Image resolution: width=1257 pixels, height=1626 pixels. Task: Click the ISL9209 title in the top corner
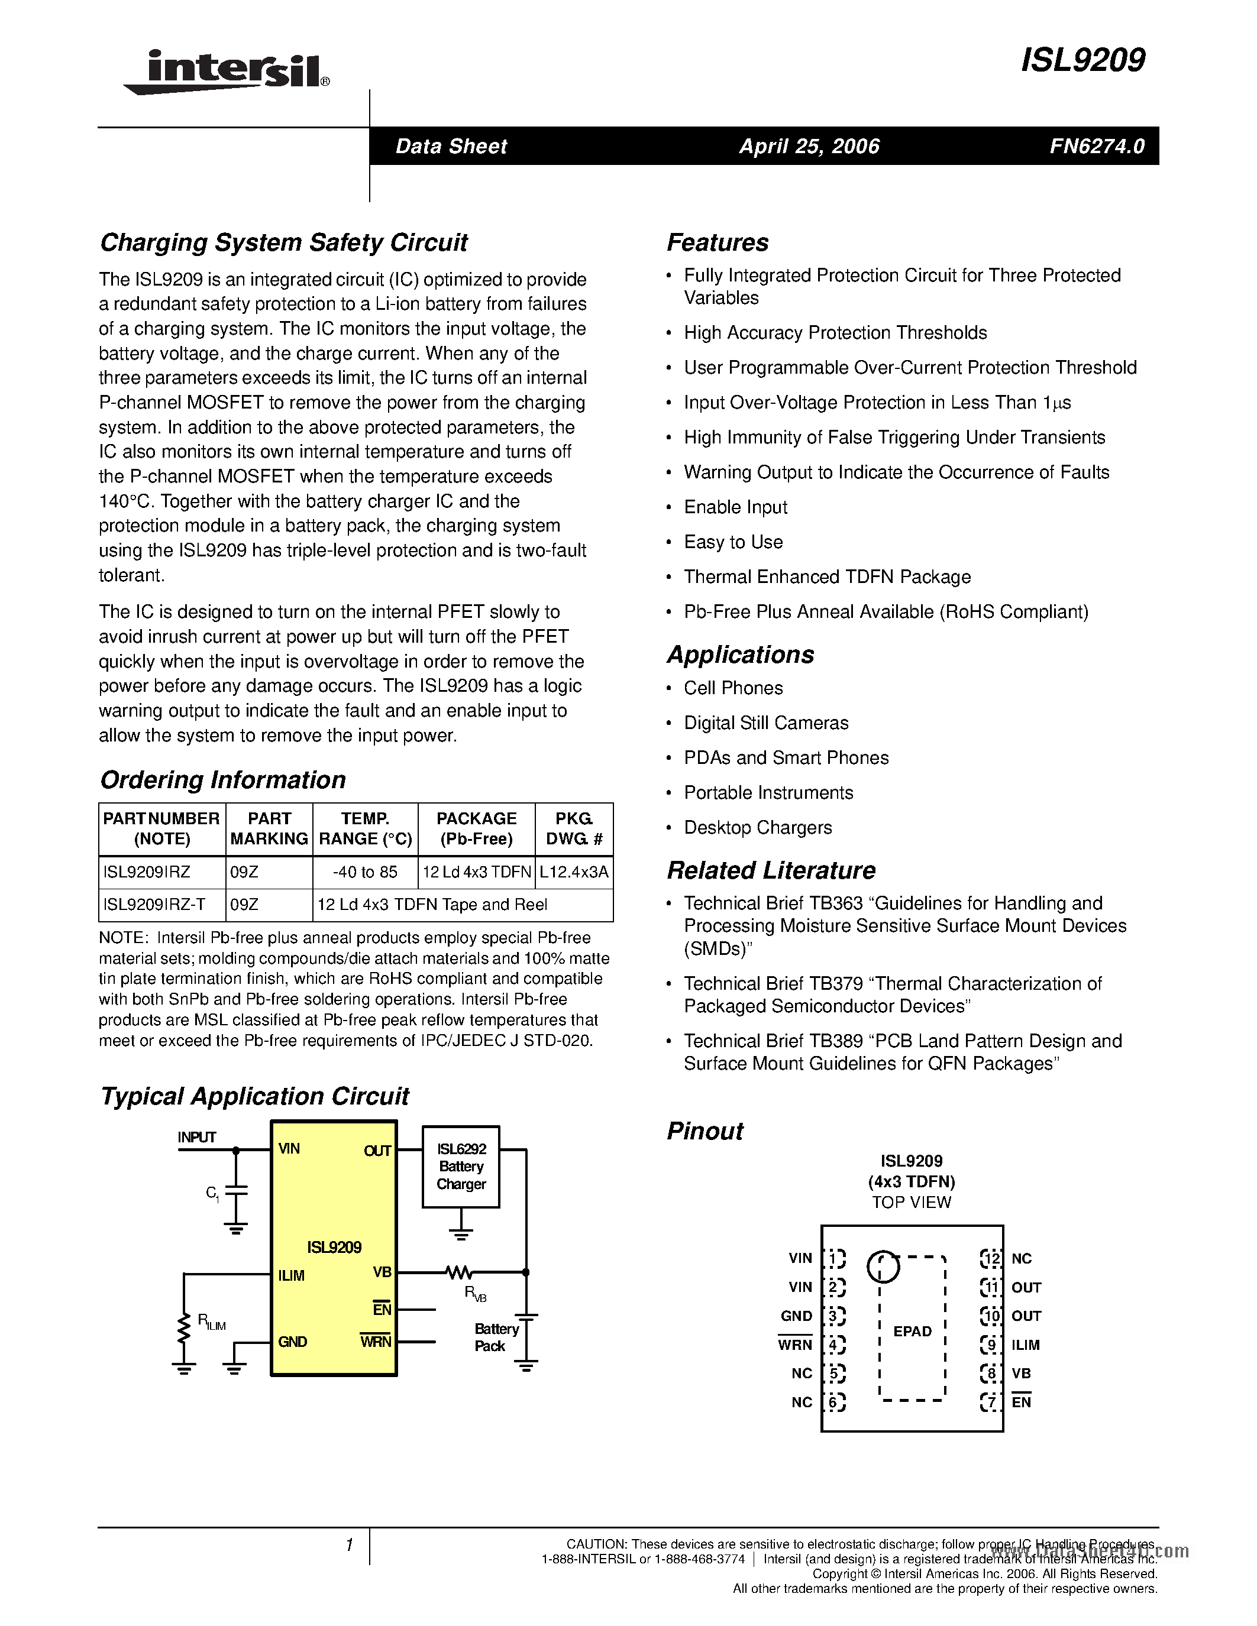point(1082,60)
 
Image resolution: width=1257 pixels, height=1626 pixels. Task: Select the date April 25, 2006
point(809,146)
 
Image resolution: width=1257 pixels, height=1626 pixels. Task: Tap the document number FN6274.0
point(1097,146)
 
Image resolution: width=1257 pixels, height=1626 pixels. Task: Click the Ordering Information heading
point(222,779)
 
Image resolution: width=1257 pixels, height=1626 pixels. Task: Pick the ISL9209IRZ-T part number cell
point(154,905)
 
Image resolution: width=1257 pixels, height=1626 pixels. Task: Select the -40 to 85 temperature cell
point(365,872)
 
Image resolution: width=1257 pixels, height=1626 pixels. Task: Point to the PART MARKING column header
point(269,828)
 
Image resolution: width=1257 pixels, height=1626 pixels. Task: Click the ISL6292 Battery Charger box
point(461,1167)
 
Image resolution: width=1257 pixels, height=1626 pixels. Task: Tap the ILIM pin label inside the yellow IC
point(291,1275)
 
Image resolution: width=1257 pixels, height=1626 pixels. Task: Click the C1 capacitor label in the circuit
point(212,1193)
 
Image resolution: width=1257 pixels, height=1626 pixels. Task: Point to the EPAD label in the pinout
point(912,1331)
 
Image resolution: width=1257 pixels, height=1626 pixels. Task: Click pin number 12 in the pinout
point(990,1259)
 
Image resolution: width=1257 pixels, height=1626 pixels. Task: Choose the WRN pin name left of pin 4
point(795,1345)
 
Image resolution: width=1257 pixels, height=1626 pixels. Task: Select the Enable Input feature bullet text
point(735,507)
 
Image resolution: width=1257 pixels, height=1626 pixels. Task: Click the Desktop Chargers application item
point(757,827)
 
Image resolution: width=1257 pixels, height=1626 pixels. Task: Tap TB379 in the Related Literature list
point(835,983)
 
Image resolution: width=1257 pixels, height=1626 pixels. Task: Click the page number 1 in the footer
point(349,1545)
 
